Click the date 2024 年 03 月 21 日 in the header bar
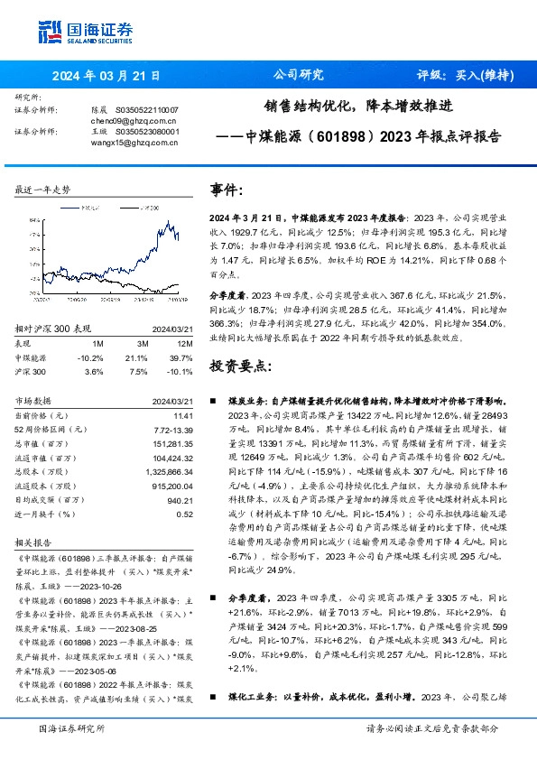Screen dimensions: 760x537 point(106,76)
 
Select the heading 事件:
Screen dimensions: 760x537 point(226,190)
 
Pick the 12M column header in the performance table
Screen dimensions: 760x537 point(185,344)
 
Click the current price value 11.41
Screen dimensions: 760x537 point(183,414)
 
